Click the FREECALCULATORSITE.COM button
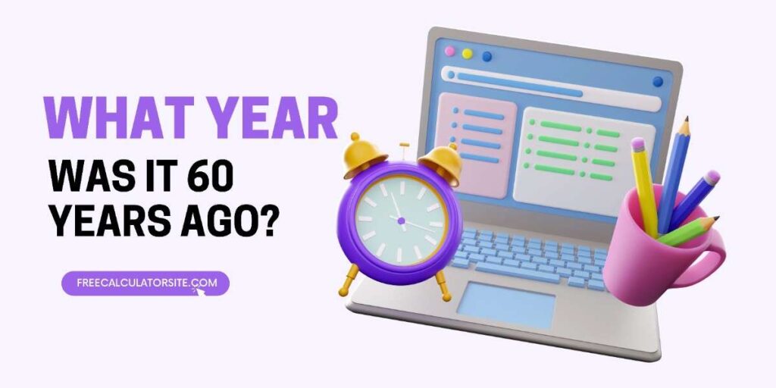tap(145, 283)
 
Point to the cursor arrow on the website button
tap(200, 291)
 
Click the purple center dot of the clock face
tap(401, 221)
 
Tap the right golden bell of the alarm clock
tap(440, 158)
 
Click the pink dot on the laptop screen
tap(449, 51)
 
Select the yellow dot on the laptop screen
tap(467, 54)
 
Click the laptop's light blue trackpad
tap(505, 305)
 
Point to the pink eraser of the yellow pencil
tap(638, 145)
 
